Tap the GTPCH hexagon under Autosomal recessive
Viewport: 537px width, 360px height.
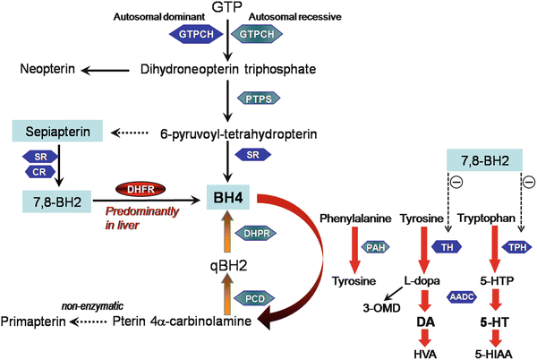point(256,33)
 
